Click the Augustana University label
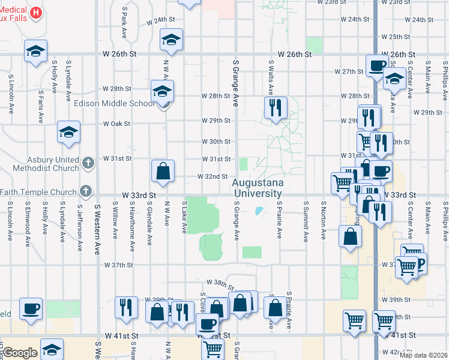(258, 188)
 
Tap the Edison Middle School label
(114, 103)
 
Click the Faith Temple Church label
(39, 192)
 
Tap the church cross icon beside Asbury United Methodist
(88, 163)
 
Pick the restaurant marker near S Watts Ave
(275, 108)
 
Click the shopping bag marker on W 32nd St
(163, 172)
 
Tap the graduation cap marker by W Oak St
(68, 133)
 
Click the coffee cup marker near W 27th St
(378, 65)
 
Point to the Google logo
(20, 353)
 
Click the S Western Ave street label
(97, 230)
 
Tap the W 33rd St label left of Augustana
(139, 196)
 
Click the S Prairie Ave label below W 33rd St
(280, 220)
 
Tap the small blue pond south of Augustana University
(259, 211)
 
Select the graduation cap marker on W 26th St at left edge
(35, 52)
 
